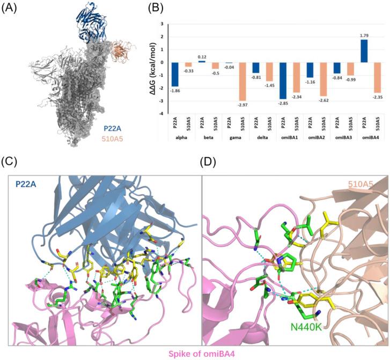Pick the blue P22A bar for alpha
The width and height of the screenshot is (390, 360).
(175, 74)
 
